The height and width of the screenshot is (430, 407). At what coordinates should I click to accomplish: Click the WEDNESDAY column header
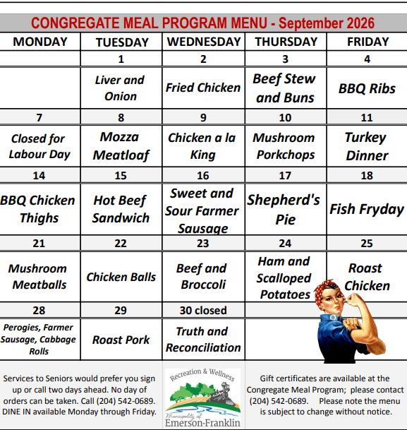click(x=204, y=42)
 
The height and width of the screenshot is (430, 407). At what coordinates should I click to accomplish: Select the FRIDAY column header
click(x=367, y=42)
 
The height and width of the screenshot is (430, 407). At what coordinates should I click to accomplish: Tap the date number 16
click(x=203, y=176)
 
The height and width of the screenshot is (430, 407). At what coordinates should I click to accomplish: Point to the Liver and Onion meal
click(x=120, y=88)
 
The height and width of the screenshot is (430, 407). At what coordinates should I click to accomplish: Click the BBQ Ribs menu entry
click(x=367, y=88)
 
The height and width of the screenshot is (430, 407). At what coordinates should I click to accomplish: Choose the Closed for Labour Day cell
click(x=40, y=146)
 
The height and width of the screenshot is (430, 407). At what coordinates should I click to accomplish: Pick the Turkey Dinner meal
click(x=367, y=146)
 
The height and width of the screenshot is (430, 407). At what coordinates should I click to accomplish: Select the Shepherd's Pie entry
click(x=284, y=209)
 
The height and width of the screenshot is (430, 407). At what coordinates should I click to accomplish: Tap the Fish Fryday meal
click(x=367, y=209)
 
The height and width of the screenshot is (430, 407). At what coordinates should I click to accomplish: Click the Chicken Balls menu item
click(x=121, y=277)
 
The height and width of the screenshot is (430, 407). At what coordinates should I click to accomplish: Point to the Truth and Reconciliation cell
click(x=203, y=340)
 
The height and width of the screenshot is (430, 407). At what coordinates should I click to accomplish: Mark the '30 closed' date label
click(x=203, y=311)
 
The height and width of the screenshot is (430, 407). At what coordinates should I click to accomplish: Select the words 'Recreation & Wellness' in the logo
click(x=202, y=375)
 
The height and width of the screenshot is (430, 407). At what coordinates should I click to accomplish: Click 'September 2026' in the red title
click(x=327, y=23)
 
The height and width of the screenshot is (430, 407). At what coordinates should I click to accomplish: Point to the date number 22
click(x=121, y=244)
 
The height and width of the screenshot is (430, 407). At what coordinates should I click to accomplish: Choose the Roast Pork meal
click(x=121, y=340)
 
